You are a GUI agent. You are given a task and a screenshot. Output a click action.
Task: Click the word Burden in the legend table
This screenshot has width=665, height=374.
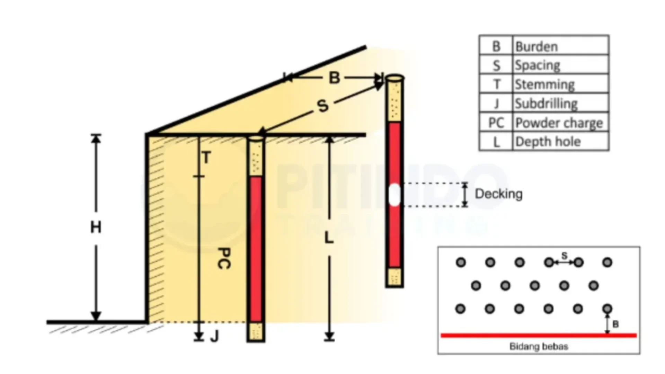tap(537, 46)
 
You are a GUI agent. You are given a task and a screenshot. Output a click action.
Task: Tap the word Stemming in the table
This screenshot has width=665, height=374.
tap(544, 84)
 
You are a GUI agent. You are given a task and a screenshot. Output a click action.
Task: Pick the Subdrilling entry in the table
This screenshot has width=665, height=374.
tap(546, 104)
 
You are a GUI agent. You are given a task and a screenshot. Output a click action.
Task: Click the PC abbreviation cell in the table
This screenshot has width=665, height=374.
tap(496, 123)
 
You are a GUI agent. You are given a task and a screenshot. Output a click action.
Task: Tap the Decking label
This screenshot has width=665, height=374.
tap(499, 194)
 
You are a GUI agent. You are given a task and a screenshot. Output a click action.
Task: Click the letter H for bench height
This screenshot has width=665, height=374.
tap(96, 228)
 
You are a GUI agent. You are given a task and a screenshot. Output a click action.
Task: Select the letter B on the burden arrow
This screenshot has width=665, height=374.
tap(334, 78)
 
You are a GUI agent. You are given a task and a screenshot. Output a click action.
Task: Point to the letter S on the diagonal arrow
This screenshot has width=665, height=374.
tap(322, 106)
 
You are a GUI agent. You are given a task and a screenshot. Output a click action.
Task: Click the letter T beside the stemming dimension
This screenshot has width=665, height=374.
tap(206, 158)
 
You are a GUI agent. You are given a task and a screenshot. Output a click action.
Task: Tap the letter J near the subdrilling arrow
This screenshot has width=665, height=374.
tap(215, 336)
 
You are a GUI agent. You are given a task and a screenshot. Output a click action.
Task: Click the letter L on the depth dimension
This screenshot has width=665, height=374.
tap(329, 238)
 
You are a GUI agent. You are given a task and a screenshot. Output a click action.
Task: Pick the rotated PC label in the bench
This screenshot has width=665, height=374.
tap(224, 258)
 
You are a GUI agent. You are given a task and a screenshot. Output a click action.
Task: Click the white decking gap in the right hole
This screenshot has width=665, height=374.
tap(394, 195)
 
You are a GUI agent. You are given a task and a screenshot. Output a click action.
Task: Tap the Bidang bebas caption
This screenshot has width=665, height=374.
tap(539, 346)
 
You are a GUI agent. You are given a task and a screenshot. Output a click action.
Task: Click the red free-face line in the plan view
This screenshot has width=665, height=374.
tap(539, 335)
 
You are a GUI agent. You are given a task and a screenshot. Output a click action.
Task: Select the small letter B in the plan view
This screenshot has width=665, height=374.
tap(615, 324)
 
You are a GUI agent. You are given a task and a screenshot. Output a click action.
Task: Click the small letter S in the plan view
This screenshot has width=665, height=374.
tap(565, 256)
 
